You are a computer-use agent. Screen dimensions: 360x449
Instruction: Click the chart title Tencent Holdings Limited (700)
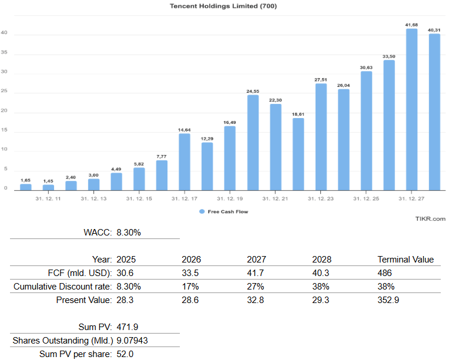tap(223, 6)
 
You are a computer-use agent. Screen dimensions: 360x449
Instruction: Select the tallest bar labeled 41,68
tap(411, 109)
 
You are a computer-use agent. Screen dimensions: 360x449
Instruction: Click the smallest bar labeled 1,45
tap(48, 187)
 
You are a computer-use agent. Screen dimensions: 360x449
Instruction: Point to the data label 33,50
tap(388, 56)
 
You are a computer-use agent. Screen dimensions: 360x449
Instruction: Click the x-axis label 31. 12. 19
tap(230, 199)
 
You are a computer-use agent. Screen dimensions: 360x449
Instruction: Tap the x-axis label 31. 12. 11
tap(48, 199)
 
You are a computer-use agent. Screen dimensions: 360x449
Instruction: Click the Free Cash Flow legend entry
tap(223, 211)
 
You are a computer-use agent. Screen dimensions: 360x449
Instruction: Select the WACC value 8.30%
tap(129, 233)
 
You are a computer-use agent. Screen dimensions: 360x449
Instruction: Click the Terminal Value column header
tap(405, 260)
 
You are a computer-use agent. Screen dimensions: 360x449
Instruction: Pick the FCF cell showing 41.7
tap(256, 273)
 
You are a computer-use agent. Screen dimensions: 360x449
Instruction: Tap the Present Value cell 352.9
tap(388, 300)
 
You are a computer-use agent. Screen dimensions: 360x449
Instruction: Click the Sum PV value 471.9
tap(128, 327)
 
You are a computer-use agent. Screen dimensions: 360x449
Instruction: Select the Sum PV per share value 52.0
tap(126, 354)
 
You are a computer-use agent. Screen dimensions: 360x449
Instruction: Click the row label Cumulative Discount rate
tap(62, 287)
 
